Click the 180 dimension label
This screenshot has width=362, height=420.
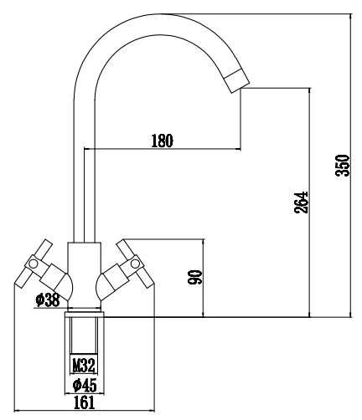pyautogui.click(x=162, y=141)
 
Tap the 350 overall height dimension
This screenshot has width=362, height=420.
pyautogui.click(x=343, y=165)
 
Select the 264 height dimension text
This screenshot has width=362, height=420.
pyautogui.click(x=301, y=202)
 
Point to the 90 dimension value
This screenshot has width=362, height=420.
pyautogui.click(x=194, y=277)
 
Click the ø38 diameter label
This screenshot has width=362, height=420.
pyautogui.click(x=48, y=300)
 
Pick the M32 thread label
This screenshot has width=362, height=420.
pyautogui.click(x=84, y=365)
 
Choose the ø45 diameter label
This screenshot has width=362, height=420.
pyautogui.click(x=85, y=386)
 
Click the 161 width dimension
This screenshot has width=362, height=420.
pyautogui.click(x=84, y=402)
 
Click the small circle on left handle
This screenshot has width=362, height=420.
pyautogui.click(x=34, y=263)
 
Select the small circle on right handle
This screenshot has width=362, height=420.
pyautogui.click(x=135, y=263)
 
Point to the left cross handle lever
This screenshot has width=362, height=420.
pyautogui.click(x=33, y=263)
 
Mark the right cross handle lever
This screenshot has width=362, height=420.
pyautogui.click(x=135, y=263)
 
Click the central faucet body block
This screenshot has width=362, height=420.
pyautogui.click(x=84, y=274)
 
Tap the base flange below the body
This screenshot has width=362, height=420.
pyautogui.click(x=84, y=315)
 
